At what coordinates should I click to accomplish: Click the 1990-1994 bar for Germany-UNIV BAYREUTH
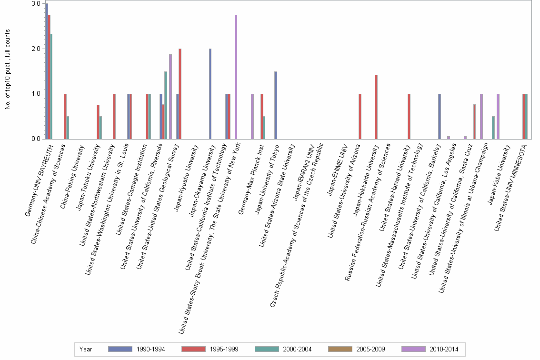(x=47, y=71)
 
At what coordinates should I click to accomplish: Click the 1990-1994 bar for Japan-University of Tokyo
(x=276, y=105)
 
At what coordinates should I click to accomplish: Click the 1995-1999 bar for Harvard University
(x=409, y=116)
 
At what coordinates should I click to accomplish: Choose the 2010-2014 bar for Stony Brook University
(x=252, y=116)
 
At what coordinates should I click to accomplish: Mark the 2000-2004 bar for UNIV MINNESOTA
(x=526, y=116)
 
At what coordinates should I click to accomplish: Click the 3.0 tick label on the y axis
(x=36, y=4)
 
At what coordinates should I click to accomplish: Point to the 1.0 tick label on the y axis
(x=36, y=94)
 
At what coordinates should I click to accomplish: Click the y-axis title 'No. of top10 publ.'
(x=8, y=70)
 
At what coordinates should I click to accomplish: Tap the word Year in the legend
(x=86, y=350)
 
